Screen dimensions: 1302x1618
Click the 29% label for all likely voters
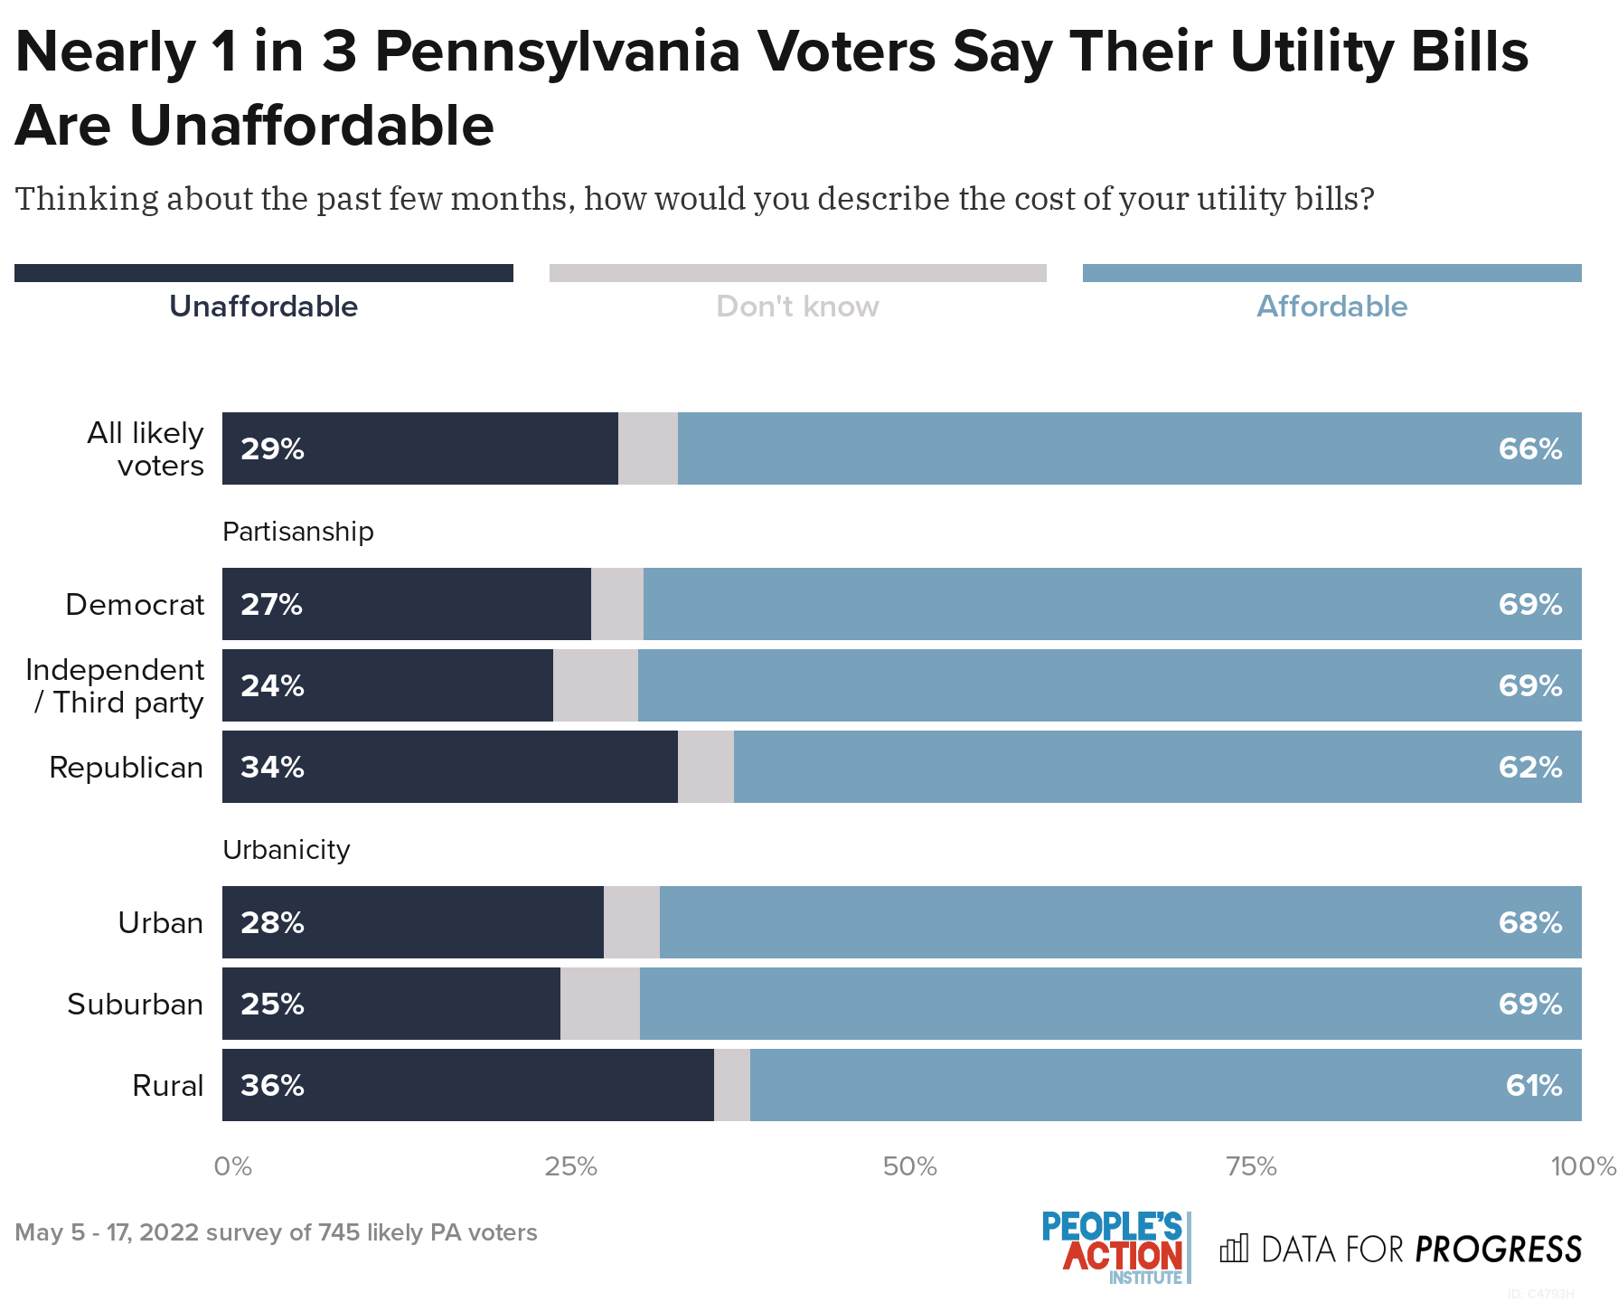tap(272, 449)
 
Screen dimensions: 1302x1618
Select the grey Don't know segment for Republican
tap(705, 767)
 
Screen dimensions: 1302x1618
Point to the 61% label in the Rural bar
tap(1533, 1085)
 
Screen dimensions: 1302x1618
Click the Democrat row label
tap(135, 604)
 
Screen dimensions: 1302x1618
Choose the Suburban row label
tap(135, 1004)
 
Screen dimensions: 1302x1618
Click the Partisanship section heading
tap(297, 532)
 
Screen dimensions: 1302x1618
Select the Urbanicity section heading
tap(286, 850)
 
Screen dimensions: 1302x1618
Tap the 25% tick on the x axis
tap(570, 1166)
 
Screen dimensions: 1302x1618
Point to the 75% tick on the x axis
tap(1251, 1166)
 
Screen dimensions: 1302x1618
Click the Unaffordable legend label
tap(263, 307)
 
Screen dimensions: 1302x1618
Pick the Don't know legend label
tap(797, 307)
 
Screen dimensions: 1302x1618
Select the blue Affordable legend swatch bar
tap(1331, 273)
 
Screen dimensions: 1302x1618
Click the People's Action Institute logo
tap(1115, 1248)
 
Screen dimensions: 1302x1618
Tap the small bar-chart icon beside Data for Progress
tap(1234, 1249)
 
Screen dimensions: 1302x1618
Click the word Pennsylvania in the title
tap(565, 52)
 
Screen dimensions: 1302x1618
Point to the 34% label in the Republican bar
tap(272, 767)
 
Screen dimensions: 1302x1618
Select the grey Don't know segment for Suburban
tap(599, 1004)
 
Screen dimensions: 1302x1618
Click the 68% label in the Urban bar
tap(1529, 922)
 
